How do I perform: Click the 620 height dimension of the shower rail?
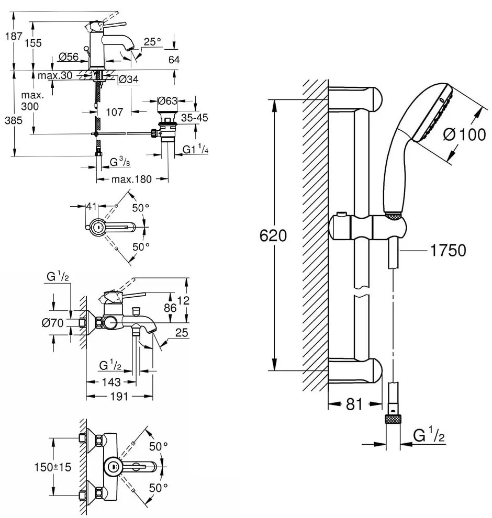pyautogui.click(x=273, y=235)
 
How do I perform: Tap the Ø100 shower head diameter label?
pyautogui.click(x=464, y=135)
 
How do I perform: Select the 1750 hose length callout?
pyautogui.click(x=448, y=251)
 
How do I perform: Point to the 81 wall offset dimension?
pyautogui.click(x=354, y=404)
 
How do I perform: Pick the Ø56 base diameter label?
pyautogui.click(x=68, y=57)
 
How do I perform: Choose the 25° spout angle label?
pyautogui.click(x=152, y=42)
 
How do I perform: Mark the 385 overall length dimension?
pyautogui.click(x=13, y=120)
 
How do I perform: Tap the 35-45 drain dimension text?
pyautogui.click(x=194, y=118)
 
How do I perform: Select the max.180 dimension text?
pyautogui.click(x=131, y=179)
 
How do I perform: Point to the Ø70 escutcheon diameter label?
pyautogui.click(x=52, y=323)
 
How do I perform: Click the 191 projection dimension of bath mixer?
pyautogui.click(x=119, y=396)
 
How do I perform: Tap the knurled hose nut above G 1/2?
pyautogui.click(x=393, y=419)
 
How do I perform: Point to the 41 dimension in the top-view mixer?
pyautogui.click(x=92, y=207)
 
